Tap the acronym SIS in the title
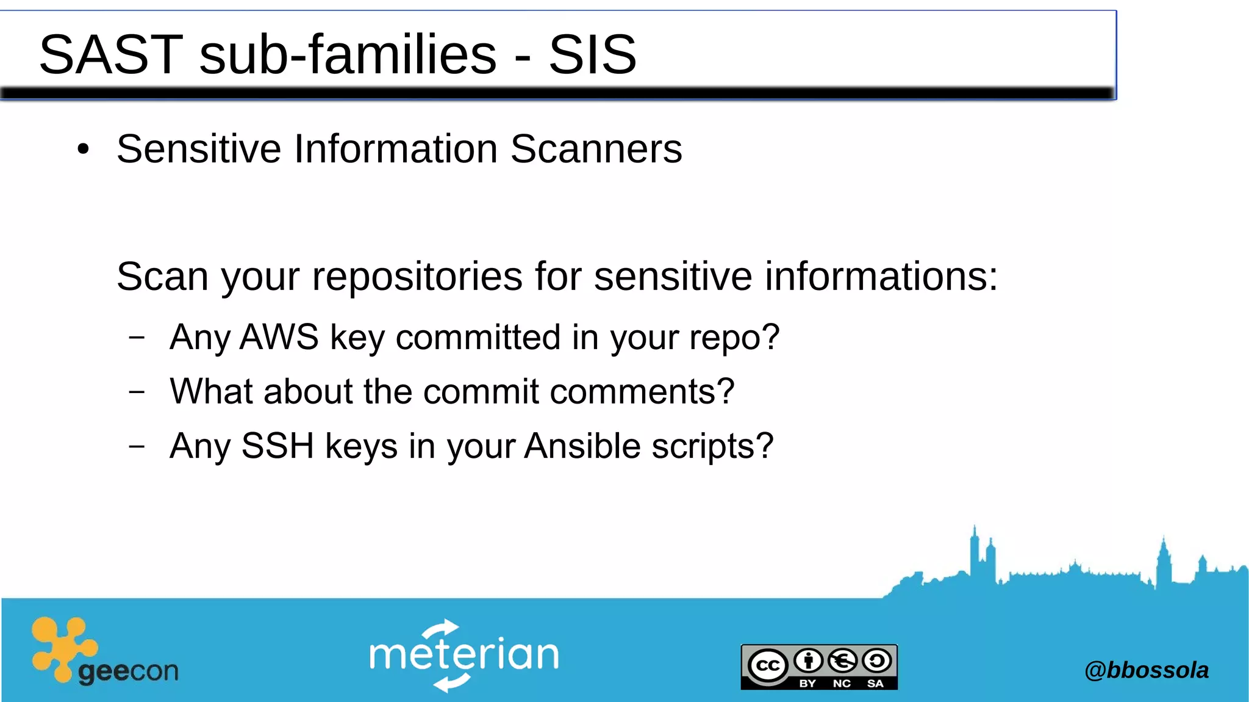592,55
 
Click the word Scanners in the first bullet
596,149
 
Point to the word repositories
417,277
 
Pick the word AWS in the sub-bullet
279,337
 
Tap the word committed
478,337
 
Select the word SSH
277,446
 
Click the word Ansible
582,446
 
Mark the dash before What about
137,391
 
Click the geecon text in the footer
128,671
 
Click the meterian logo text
463,655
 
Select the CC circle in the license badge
767,665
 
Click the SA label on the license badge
875,683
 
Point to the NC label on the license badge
842,683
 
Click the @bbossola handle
1146,670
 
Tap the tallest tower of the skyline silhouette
975,549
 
